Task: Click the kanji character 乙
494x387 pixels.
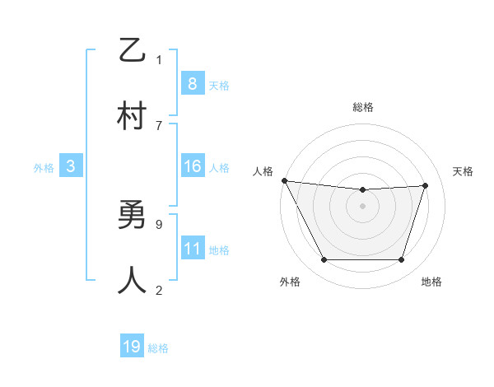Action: (x=132, y=51)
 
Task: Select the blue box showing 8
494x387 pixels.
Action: (x=192, y=83)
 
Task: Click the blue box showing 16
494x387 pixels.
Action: (x=192, y=166)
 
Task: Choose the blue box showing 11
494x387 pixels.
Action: (x=192, y=249)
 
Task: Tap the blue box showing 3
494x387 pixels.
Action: (x=71, y=166)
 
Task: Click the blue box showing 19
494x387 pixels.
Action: (x=132, y=347)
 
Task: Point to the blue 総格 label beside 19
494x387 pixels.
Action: (x=158, y=348)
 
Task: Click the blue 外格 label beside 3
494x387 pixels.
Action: (x=44, y=168)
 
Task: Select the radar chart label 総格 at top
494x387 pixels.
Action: (x=363, y=107)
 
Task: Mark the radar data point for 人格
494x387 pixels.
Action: (x=284, y=180)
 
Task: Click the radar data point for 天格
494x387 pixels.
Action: (x=426, y=185)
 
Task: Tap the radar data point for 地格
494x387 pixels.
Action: (x=402, y=260)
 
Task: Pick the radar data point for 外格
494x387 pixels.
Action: (x=324, y=260)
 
